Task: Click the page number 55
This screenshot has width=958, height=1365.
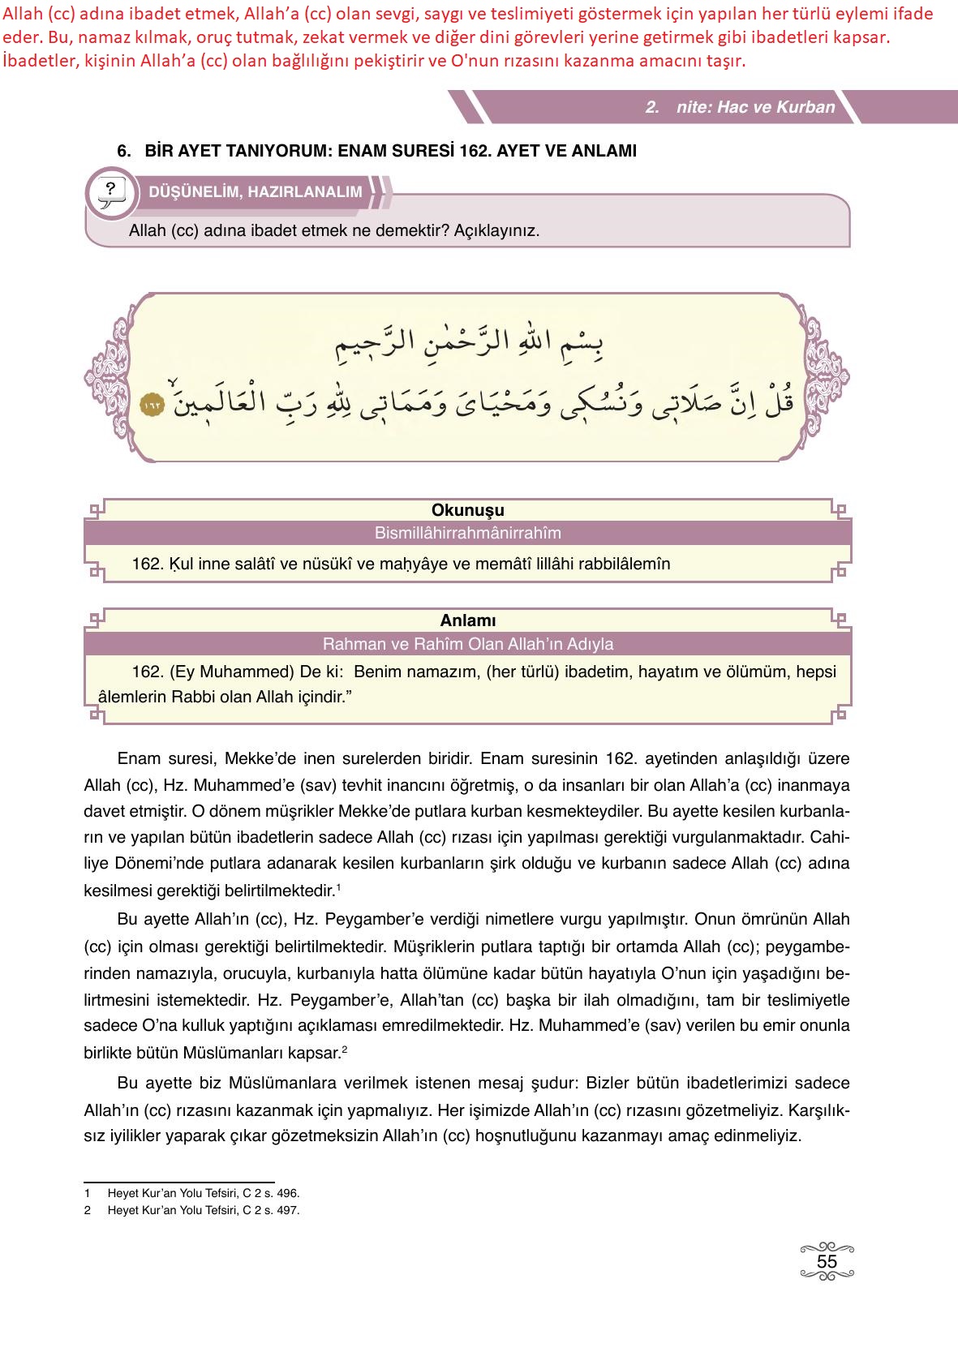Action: coord(827,1262)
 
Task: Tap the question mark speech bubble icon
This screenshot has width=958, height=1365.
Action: coord(110,191)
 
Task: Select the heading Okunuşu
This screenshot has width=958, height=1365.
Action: coord(468,510)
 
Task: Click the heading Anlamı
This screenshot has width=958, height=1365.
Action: coord(468,620)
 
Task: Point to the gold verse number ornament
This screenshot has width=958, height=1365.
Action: coord(152,403)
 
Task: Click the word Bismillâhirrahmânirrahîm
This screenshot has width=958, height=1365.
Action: coord(468,534)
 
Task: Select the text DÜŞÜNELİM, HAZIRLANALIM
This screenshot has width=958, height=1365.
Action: coord(256,192)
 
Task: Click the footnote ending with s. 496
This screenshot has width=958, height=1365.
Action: coord(203,1193)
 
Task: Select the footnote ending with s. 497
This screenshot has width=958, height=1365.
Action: coord(203,1210)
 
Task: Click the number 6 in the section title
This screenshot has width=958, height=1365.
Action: coord(122,151)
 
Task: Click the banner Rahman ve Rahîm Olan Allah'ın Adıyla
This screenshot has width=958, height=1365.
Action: coord(468,644)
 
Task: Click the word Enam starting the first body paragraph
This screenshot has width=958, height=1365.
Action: coord(137,759)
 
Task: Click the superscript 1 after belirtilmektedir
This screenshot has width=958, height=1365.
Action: coord(338,888)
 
